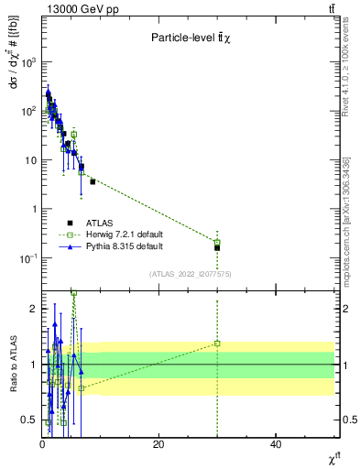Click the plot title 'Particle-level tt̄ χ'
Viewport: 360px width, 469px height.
(x=194, y=38)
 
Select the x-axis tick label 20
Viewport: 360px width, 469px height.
(x=159, y=444)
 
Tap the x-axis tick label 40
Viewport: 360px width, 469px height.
(x=276, y=444)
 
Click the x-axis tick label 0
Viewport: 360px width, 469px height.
(x=42, y=444)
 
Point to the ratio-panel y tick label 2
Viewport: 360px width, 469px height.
(x=34, y=309)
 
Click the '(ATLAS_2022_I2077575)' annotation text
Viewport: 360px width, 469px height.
(x=189, y=274)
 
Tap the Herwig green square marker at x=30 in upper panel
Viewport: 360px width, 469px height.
(x=217, y=242)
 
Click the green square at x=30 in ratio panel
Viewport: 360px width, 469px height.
(x=217, y=344)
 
